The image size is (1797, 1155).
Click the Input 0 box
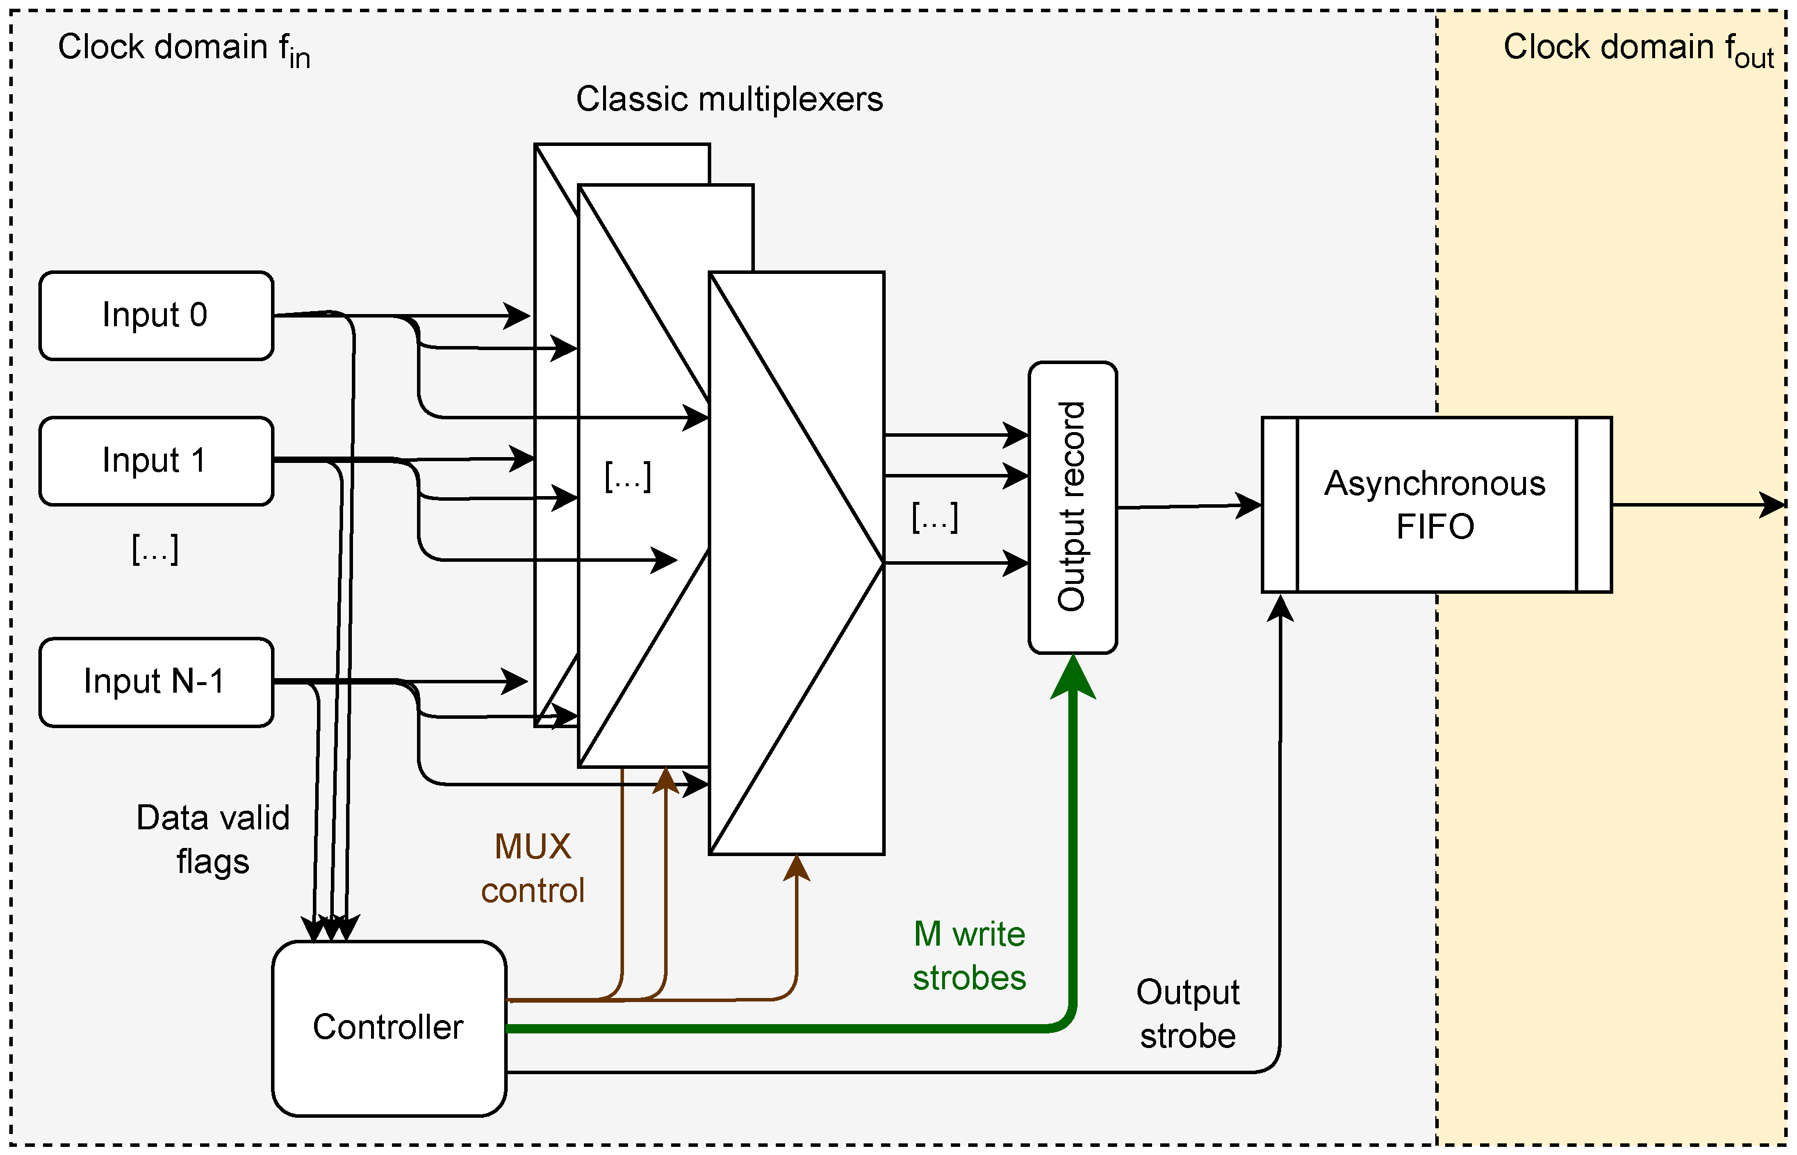[156, 316]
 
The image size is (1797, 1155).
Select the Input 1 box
[156, 461]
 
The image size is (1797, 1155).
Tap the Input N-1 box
[156, 682]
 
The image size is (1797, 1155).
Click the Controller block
[388, 1028]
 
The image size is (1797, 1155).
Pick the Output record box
[1072, 507]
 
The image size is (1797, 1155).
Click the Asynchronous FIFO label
[1435, 505]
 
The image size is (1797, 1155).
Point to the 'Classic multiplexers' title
[729, 99]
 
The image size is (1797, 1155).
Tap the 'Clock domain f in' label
[184, 49]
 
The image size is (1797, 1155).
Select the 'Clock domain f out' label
[1638, 49]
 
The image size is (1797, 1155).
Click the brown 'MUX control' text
[533, 868]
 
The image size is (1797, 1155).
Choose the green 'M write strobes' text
[969, 956]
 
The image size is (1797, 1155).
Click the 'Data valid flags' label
[213, 839]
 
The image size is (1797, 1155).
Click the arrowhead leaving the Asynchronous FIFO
[1773, 505]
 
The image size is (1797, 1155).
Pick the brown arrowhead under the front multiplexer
[797, 867]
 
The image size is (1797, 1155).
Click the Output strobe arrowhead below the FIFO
[1280, 608]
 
